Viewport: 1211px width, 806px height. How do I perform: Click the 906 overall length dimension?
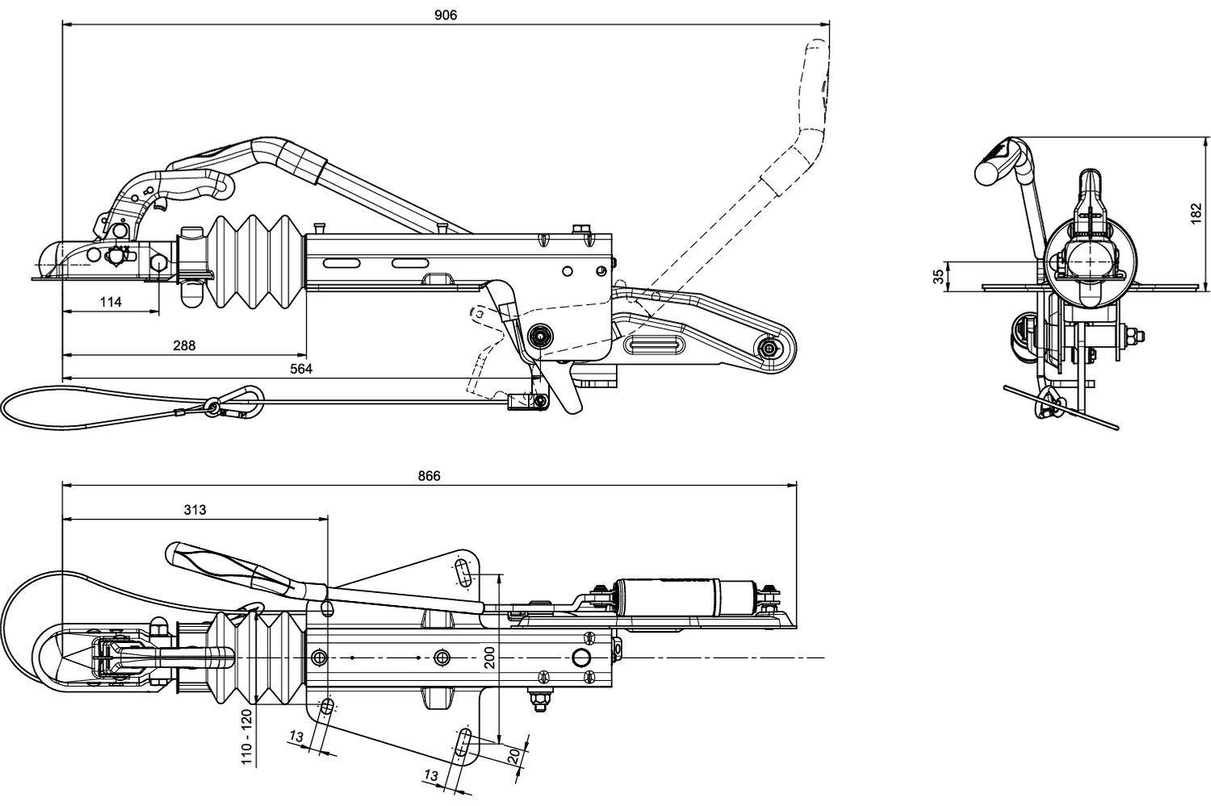click(445, 15)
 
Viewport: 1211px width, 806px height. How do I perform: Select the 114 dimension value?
click(111, 302)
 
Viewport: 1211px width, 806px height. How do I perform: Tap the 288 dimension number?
click(184, 345)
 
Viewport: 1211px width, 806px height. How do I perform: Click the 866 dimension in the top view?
click(429, 476)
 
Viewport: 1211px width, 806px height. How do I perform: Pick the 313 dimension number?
click(195, 510)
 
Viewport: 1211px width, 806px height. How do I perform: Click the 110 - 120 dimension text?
click(247, 736)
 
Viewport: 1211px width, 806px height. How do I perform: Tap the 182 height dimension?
click(1196, 214)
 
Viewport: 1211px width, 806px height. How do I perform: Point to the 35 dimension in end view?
click(938, 276)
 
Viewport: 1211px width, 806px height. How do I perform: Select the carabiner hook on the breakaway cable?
click(238, 402)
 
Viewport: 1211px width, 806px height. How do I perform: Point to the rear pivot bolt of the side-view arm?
click(770, 348)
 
